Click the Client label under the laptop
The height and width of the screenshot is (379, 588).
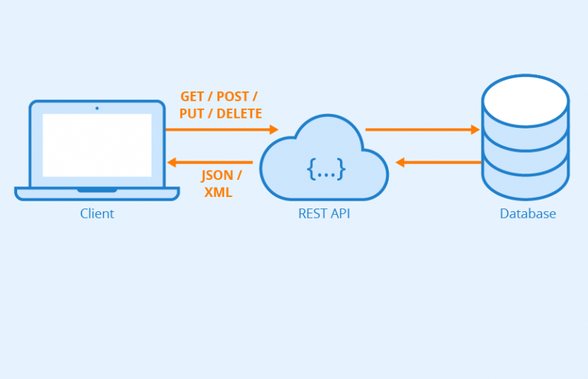96,214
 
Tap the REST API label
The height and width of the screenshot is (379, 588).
324,214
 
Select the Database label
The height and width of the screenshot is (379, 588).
527,214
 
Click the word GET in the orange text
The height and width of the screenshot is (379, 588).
192,97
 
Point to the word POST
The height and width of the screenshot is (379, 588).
234,97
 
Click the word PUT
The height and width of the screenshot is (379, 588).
192,113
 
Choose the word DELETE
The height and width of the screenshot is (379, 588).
239,113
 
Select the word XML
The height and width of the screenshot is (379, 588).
219,193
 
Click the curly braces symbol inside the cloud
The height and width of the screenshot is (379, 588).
326,169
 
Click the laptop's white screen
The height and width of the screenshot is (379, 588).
97,145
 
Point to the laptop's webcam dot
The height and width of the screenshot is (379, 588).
97,108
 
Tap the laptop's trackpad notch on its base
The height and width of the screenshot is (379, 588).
97,190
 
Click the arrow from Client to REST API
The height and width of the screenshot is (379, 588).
221,129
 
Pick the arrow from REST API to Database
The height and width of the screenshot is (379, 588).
422,129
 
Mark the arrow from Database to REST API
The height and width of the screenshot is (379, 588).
439,162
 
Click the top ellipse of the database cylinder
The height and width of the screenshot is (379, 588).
525,97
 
